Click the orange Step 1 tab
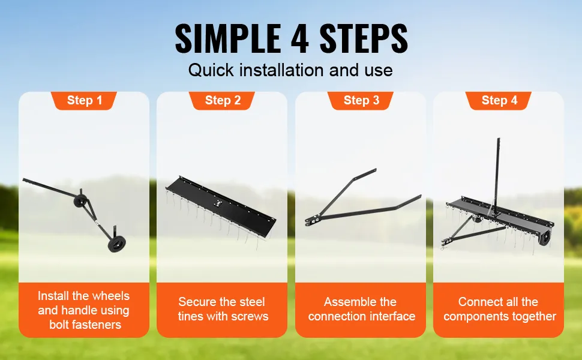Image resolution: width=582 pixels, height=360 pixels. click(x=84, y=101)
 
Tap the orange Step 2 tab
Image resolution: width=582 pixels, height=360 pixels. click(x=223, y=101)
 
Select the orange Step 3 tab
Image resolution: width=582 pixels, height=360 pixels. click(x=361, y=101)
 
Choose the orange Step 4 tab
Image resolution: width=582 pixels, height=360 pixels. click(x=499, y=101)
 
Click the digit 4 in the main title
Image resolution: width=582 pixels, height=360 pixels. click(x=300, y=38)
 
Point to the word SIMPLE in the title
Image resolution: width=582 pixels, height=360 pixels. click(x=228, y=38)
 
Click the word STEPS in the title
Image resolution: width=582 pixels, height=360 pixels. click(x=364, y=38)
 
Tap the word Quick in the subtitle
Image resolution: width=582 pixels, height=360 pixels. click(x=211, y=70)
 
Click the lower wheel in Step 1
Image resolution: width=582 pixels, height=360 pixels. click(x=116, y=245)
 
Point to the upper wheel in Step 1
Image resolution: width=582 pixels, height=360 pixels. click(x=80, y=201)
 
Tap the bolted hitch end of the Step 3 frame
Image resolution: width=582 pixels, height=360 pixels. click(x=312, y=221)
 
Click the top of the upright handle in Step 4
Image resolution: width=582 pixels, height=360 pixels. click(x=499, y=140)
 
